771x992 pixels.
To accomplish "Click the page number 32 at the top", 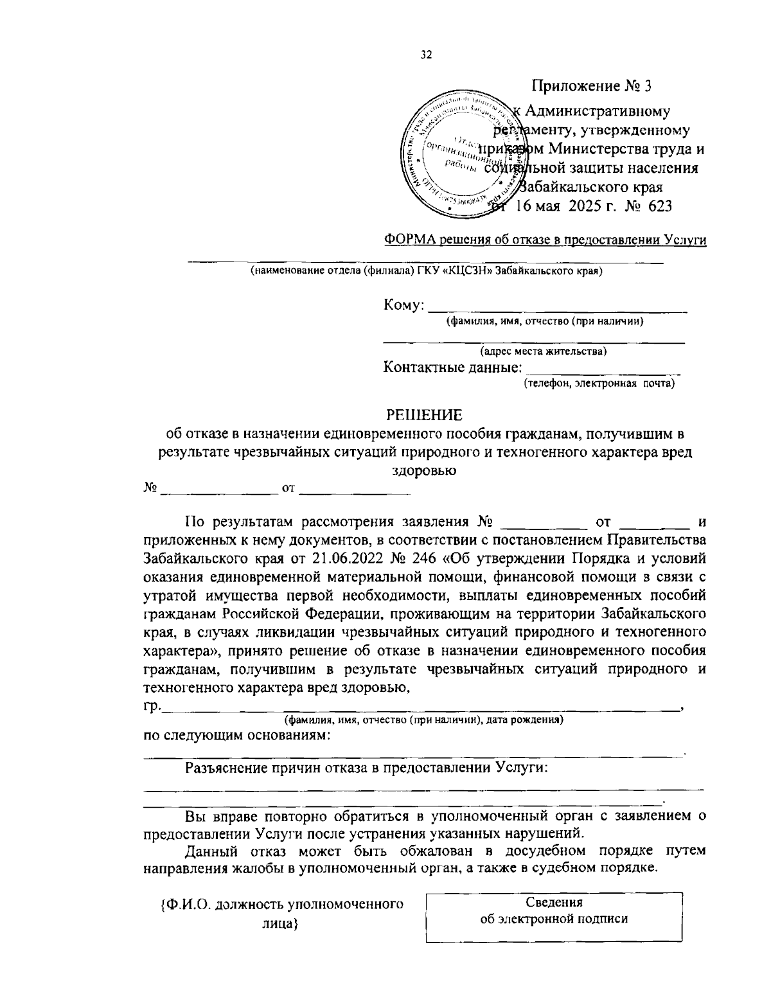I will pos(426,55).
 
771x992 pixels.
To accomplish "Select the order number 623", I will pos(659,206).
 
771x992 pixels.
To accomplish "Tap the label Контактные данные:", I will pos(452,368).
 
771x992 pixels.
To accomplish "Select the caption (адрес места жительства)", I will pos(544,351).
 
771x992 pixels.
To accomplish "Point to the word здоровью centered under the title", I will pos(424,470).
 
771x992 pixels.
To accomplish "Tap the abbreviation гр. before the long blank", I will pos(152,707).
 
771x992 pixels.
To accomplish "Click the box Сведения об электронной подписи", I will pos(554,910).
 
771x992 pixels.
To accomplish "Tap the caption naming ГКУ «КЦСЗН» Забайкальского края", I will pos(426,271).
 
